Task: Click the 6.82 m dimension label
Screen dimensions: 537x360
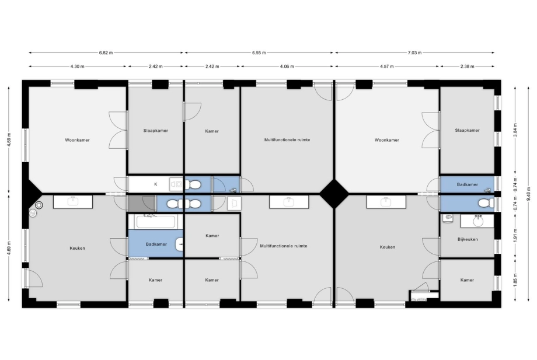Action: click(106, 53)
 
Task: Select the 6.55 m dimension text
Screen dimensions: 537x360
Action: click(259, 53)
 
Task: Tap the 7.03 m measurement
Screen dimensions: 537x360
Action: click(414, 53)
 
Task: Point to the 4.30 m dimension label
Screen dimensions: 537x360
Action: click(78, 67)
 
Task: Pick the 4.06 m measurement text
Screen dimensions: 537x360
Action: click(287, 67)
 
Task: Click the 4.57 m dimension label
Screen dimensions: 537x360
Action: click(387, 67)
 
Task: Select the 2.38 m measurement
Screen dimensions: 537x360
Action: click(467, 67)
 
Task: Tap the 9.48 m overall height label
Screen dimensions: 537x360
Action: click(529, 194)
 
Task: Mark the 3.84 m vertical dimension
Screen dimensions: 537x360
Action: click(515, 130)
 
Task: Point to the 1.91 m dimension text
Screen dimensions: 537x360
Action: click(515, 235)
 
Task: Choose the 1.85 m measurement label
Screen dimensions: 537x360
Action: click(515, 280)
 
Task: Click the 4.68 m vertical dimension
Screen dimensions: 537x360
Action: click(9, 139)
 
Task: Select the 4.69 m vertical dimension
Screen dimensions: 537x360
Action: click(9, 248)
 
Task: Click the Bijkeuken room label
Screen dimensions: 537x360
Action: click(468, 239)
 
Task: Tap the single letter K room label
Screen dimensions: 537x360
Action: click(155, 184)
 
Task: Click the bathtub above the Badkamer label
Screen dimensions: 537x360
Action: click(155, 221)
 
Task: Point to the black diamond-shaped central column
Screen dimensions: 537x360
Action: click(333, 194)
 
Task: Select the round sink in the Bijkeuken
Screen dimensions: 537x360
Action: click(478, 221)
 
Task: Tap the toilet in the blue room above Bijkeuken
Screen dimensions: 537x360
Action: click(486, 203)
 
